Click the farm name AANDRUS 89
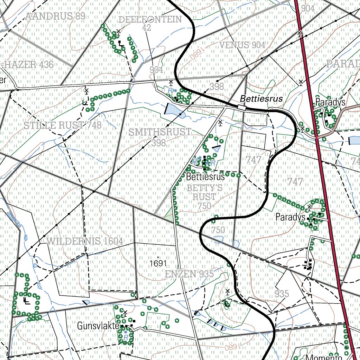(x=56, y=16)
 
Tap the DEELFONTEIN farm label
(x=150, y=20)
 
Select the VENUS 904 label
(x=242, y=45)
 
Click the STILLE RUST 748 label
(x=63, y=125)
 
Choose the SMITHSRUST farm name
(x=160, y=132)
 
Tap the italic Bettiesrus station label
(x=262, y=99)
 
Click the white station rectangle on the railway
(x=242, y=107)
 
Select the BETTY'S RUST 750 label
(x=205, y=197)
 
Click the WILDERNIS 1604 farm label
(x=85, y=241)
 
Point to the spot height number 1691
(x=157, y=263)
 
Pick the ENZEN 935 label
(x=189, y=274)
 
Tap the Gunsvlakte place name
(x=98, y=326)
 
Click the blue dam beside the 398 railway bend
(x=174, y=110)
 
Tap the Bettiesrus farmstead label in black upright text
(x=205, y=176)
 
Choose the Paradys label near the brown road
(x=330, y=102)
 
